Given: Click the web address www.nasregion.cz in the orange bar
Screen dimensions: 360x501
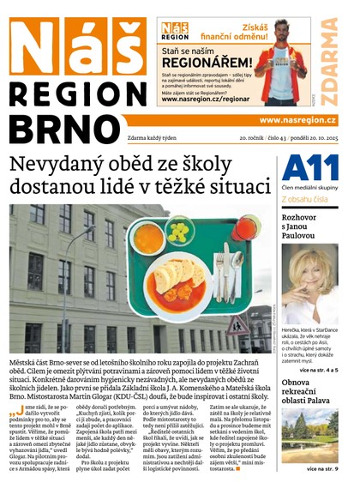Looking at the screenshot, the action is [297, 121].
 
